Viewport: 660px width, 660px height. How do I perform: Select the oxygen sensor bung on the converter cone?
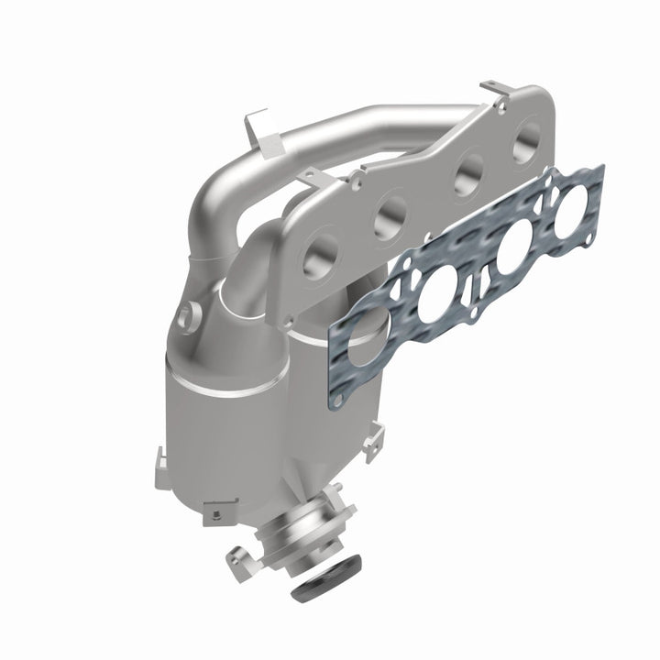[189, 314]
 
